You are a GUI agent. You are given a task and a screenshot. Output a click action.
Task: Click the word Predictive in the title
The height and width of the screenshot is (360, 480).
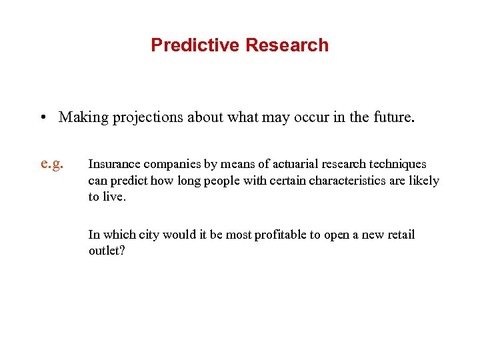(195, 45)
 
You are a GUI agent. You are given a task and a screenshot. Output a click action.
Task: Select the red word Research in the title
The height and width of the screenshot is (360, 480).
(287, 45)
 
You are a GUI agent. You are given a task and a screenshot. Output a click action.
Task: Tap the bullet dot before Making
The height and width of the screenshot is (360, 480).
(42, 118)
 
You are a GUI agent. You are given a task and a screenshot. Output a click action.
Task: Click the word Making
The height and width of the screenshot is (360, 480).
(83, 118)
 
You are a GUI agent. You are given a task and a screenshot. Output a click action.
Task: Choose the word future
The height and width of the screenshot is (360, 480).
(392, 118)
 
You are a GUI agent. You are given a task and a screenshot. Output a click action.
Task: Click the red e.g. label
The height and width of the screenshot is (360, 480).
(52, 163)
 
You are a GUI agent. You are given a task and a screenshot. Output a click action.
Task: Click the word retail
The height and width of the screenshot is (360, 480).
(398, 235)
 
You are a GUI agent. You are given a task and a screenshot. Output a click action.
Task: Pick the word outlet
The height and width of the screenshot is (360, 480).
(104, 251)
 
